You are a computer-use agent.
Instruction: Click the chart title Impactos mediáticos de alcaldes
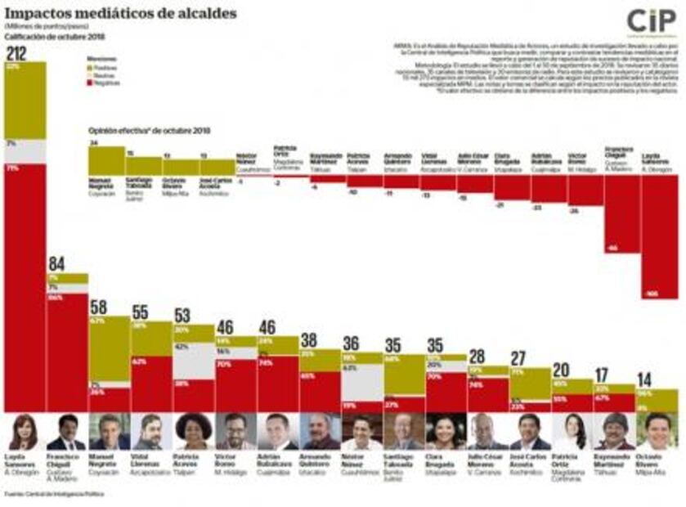pos(120,13)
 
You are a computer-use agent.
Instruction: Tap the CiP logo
pos(651,20)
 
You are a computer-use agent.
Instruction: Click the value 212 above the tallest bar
pos(16,54)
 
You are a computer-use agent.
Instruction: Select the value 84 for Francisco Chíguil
pos(57,264)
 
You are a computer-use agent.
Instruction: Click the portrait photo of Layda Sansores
pos(24,431)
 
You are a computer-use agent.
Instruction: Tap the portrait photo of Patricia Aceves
pos(194,431)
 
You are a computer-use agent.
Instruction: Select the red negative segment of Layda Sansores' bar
pos(25,286)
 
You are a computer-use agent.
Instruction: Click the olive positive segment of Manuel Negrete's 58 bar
pos(109,348)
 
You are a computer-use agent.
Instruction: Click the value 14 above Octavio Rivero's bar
pos(646,380)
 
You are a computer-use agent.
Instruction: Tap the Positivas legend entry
pos(105,68)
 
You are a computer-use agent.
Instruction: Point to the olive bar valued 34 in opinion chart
pos(106,161)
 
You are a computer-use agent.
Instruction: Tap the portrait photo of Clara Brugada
pos(444,431)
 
